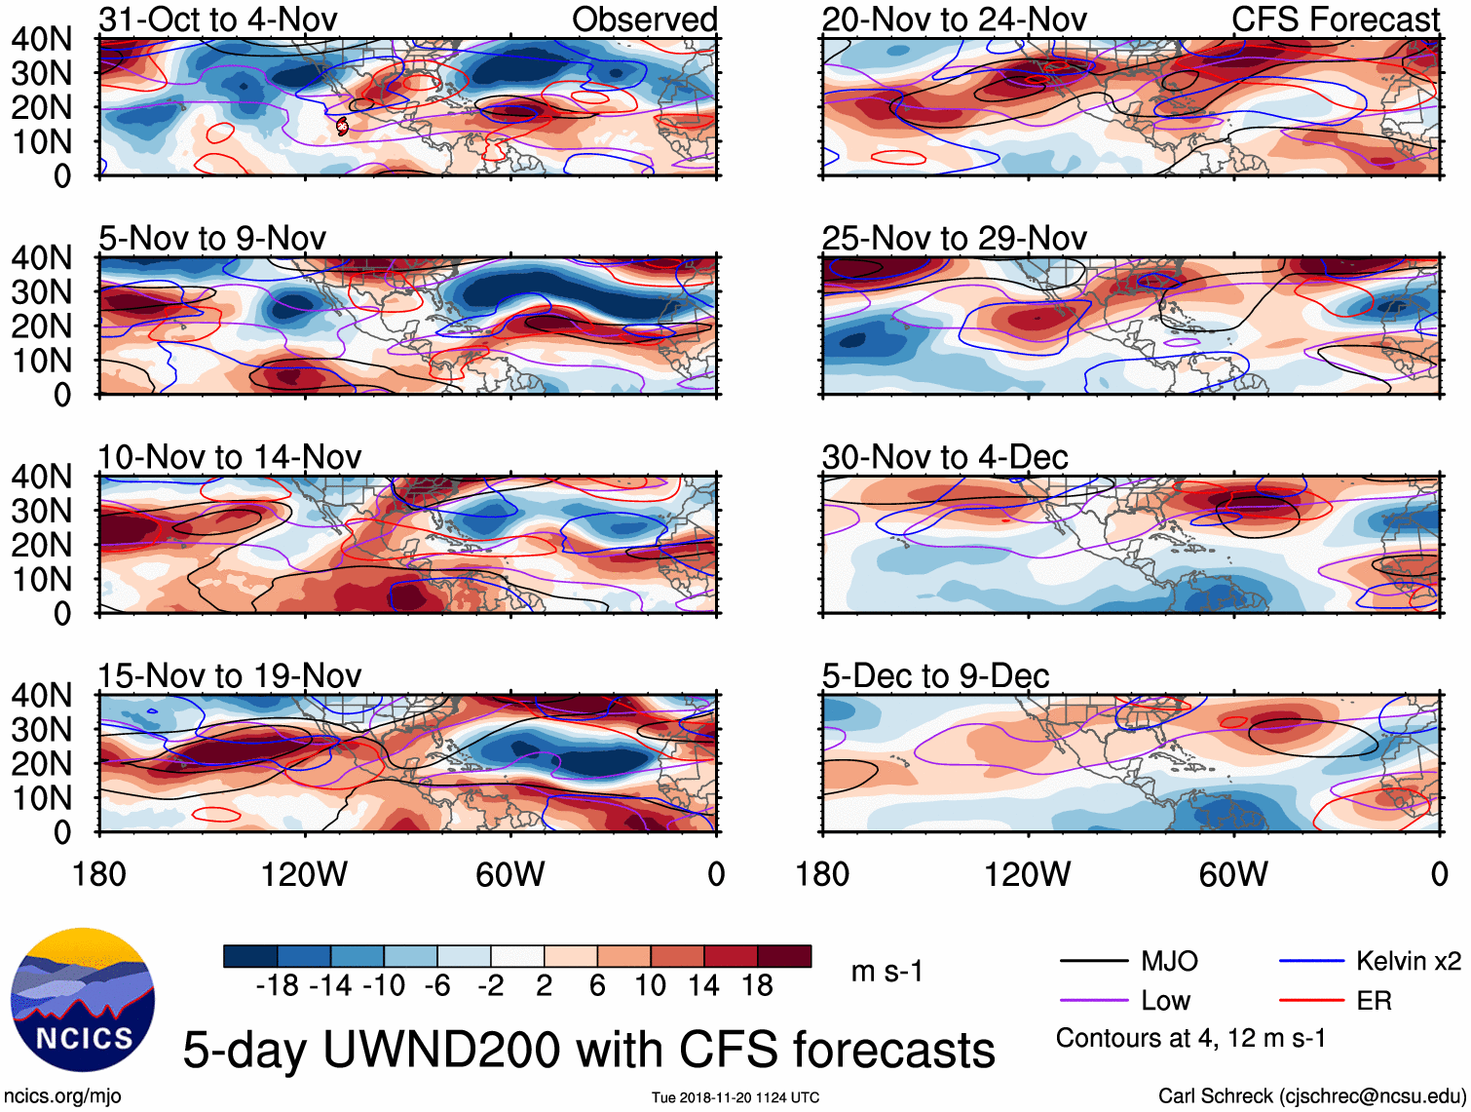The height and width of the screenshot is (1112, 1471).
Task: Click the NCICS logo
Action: coord(82,1000)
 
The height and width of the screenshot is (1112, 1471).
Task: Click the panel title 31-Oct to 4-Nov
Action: coord(217,19)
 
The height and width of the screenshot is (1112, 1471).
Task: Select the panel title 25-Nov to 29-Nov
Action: coord(954,238)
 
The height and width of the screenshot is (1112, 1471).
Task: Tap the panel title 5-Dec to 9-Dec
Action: coord(935,675)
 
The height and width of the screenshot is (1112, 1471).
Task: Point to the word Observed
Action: coord(644,19)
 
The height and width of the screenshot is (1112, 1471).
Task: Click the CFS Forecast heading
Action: coord(1335,19)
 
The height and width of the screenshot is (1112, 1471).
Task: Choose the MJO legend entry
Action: coord(1169,961)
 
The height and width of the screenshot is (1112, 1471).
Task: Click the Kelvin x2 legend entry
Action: coord(1408,961)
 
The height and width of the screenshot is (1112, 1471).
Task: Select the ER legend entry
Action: coord(1374,1000)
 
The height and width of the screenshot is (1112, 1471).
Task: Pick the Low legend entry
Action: coord(1165,1000)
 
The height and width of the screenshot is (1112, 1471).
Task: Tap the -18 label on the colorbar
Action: coord(277,985)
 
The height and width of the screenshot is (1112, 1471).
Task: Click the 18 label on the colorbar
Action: coord(757,985)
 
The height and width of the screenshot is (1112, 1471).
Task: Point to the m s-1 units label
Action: coord(886,971)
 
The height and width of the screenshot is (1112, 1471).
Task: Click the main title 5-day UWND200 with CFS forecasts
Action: coord(588,1050)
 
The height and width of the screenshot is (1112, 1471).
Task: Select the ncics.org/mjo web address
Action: coord(62,1095)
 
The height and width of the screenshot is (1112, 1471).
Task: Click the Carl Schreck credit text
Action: coord(1311,1095)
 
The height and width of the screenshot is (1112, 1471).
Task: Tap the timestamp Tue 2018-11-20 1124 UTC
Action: coord(735,1097)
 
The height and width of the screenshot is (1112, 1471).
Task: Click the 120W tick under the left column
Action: coord(304,874)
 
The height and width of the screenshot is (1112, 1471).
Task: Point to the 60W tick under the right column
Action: coord(1233,874)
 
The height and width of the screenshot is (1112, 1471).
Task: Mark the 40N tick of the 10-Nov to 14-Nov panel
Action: coord(41,477)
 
